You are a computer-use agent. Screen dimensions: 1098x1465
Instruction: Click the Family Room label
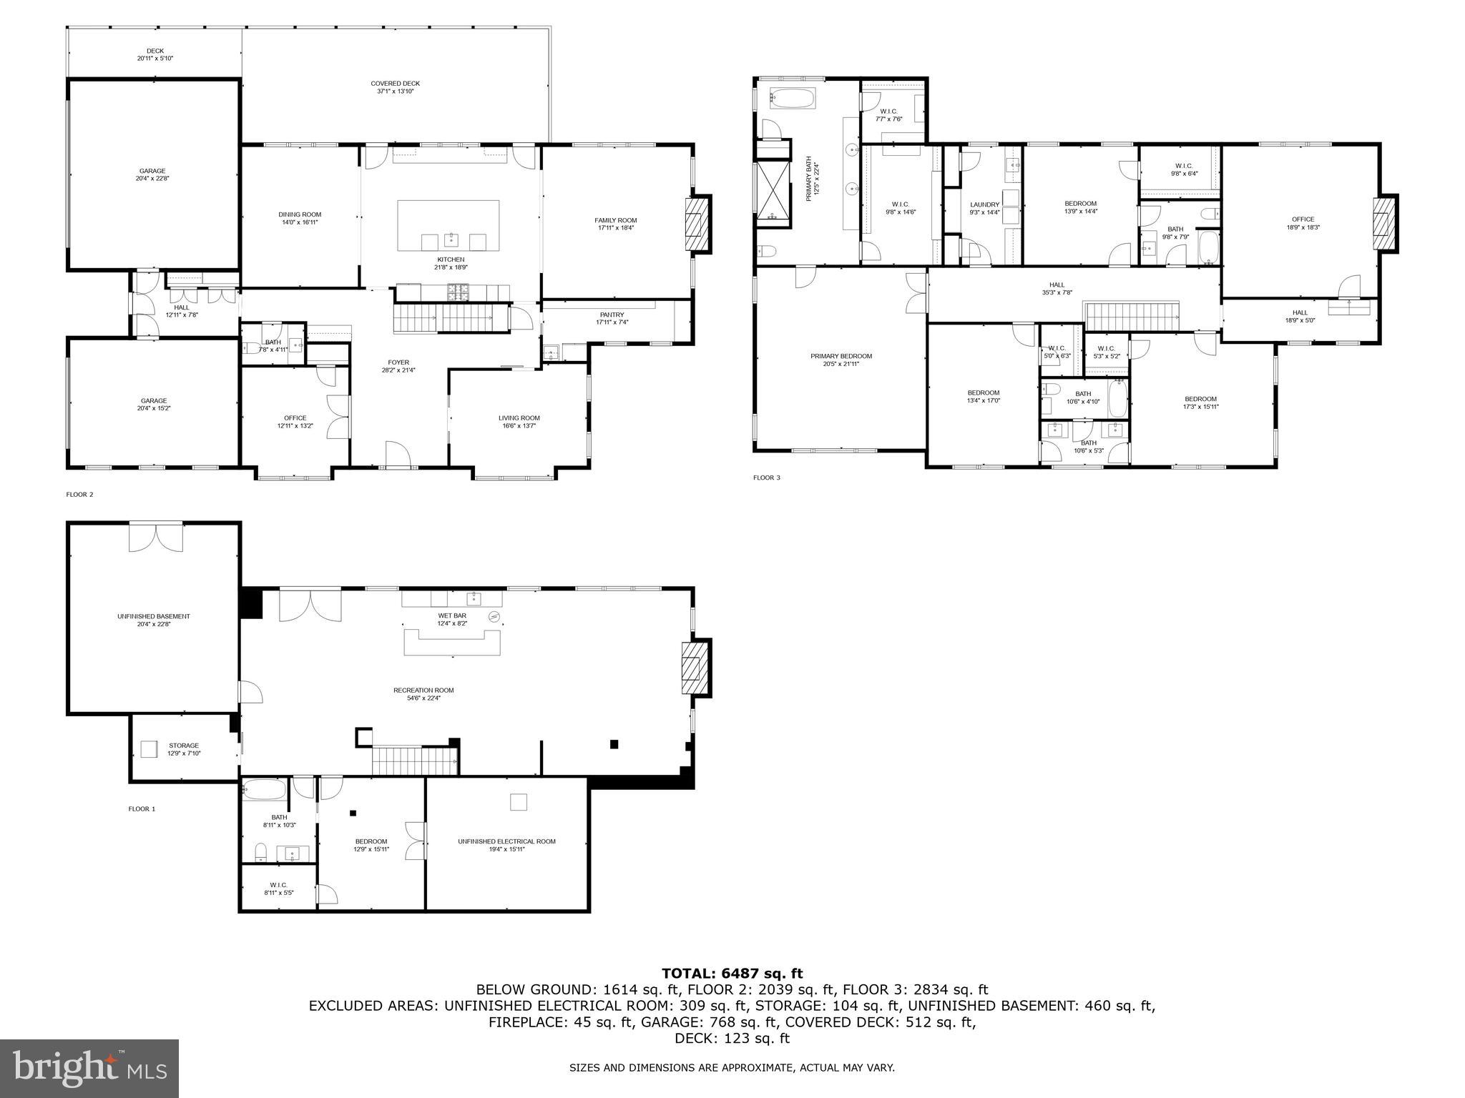(615, 220)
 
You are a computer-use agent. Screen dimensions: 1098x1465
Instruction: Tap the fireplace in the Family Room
(697, 224)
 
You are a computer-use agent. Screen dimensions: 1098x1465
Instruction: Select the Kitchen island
(448, 225)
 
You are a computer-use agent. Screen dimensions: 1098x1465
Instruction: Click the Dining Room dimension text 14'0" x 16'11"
(300, 222)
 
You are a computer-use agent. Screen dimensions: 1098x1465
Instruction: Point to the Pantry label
(612, 315)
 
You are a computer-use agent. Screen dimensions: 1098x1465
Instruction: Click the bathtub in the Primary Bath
(792, 99)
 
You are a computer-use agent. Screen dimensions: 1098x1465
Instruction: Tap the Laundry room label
(984, 204)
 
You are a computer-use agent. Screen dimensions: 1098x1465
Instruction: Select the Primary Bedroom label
(841, 356)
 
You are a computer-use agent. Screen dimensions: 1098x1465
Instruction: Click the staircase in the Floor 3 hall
(1132, 316)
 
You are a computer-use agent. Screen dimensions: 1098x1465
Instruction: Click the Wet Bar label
(452, 615)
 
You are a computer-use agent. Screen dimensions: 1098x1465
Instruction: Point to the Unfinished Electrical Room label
(506, 841)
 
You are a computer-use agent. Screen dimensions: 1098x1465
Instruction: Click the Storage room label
(184, 746)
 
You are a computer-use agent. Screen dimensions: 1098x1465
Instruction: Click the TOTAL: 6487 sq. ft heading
(732, 973)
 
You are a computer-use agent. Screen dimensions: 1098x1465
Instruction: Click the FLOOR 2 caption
(79, 494)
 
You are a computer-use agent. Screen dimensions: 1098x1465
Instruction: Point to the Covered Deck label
(395, 84)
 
